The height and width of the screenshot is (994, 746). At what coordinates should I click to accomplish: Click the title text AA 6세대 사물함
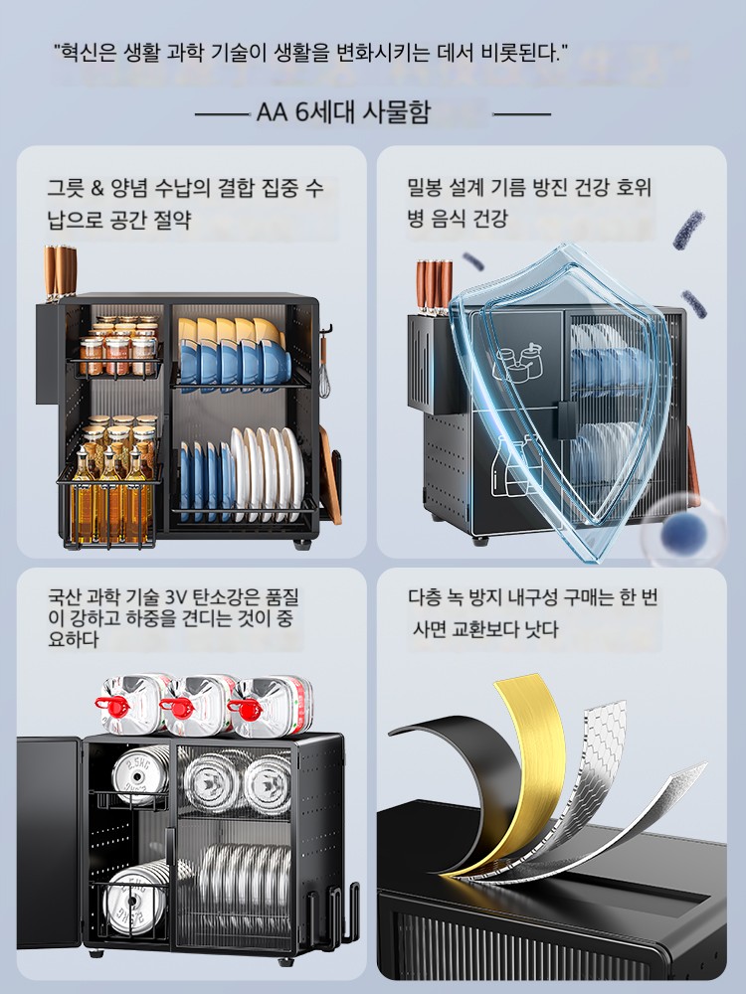[343, 113]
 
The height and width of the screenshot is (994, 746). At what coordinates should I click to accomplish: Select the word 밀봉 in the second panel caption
[425, 187]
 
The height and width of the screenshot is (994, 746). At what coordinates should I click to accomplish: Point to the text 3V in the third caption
[173, 597]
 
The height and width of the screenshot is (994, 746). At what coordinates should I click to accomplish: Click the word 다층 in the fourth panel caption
[425, 597]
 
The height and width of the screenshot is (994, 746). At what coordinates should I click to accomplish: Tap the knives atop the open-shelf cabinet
[60, 271]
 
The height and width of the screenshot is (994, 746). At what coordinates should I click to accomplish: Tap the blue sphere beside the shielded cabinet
[683, 531]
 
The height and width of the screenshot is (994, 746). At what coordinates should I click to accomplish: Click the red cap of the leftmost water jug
[107, 703]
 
